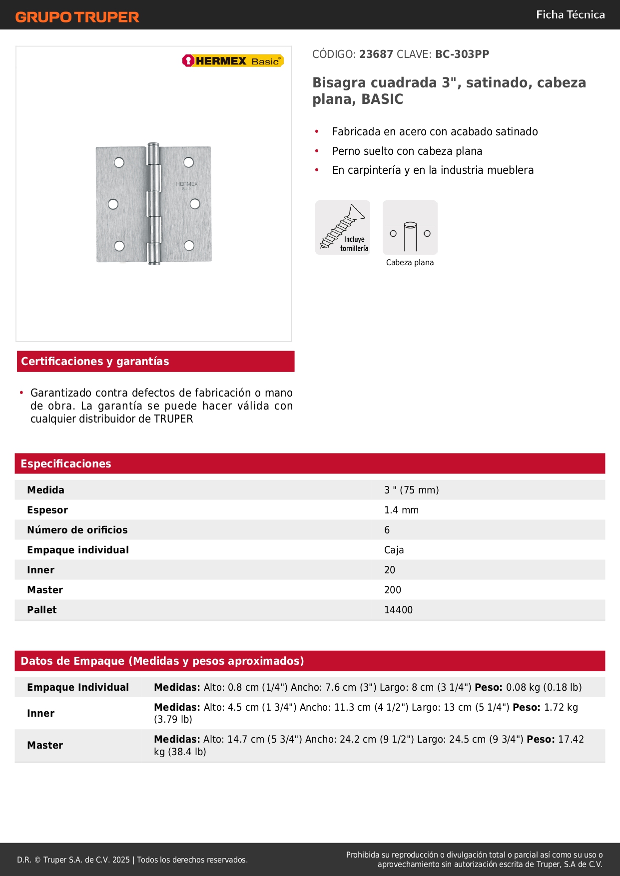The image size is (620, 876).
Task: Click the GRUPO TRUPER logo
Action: (77, 17)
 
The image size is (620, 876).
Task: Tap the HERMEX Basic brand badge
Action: (233, 61)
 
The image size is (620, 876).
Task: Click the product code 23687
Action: (376, 54)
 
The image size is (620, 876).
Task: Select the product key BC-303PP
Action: (462, 54)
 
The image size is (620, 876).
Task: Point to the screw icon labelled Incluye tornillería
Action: (343, 227)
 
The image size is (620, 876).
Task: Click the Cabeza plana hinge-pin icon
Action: (410, 228)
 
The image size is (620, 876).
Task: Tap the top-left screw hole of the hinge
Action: (119, 162)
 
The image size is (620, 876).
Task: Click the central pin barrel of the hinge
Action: (154, 203)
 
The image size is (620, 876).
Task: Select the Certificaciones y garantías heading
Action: (95, 362)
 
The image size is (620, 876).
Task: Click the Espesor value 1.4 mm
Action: (401, 510)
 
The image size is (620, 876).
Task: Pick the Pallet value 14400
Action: (398, 610)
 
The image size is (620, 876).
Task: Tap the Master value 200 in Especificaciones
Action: (393, 590)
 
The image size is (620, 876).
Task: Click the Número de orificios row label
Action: (77, 530)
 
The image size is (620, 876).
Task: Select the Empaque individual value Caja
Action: (394, 550)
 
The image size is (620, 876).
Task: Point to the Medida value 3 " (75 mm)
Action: (411, 490)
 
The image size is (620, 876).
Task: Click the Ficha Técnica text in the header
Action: (570, 15)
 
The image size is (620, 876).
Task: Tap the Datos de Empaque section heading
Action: (162, 661)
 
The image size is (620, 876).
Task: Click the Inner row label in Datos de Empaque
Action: (41, 713)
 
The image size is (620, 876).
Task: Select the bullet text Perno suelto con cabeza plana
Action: (407, 151)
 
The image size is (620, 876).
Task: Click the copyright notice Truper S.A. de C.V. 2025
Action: (132, 860)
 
